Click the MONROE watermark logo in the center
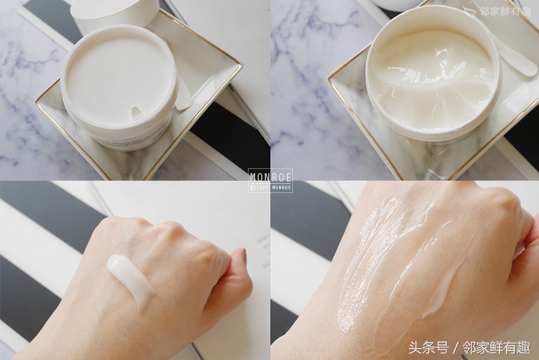click(270, 180)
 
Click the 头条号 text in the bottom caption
click(428, 347)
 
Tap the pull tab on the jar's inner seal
click(137, 111)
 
